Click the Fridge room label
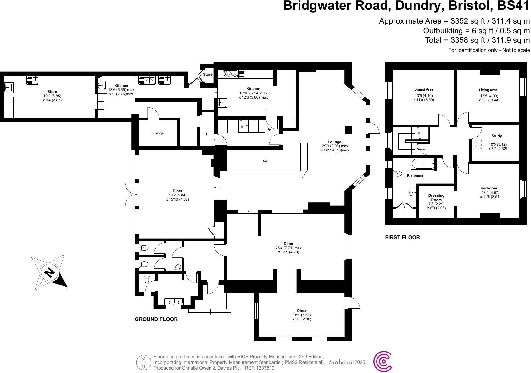coord(158,133)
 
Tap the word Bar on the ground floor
coord(265,161)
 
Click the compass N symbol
coord(49,272)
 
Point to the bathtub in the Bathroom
coord(422,164)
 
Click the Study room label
coord(496,136)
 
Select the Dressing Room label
coord(436,198)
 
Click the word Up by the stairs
coord(269,129)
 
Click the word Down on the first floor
coord(421,150)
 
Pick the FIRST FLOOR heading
coord(402,237)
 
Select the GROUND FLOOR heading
coord(156,319)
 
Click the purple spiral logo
coord(383,361)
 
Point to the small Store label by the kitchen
coord(208,74)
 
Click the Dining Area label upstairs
coord(423,89)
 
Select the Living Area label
coord(488,90)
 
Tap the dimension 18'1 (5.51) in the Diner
coord(301,315)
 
